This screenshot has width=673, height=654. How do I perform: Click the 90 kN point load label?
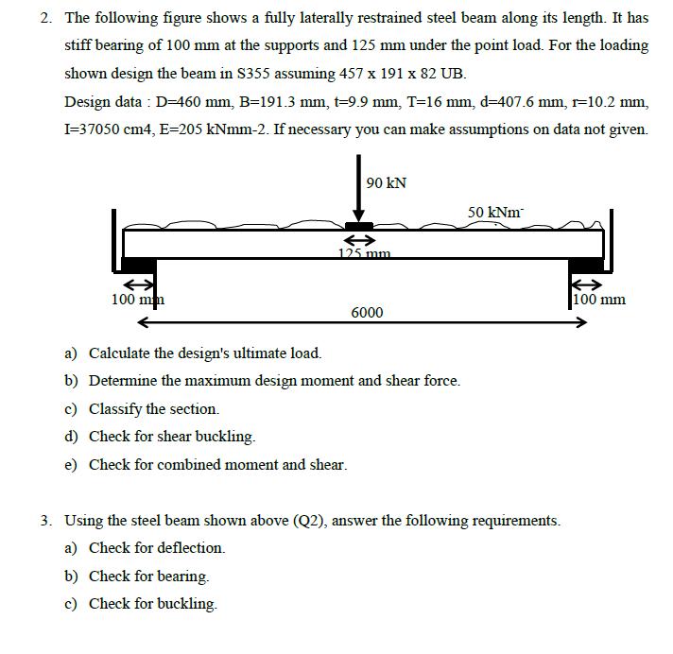click(x=387, y=182)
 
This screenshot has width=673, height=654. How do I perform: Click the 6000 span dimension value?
click(x=367, y=312)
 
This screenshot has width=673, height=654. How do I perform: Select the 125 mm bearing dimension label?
click(x=364, y=253)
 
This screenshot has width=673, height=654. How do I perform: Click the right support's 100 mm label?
click(x=599, y=300)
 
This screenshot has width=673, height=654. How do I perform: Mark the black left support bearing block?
click(x=138, y=266)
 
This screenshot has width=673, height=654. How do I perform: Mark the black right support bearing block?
click(x=582, y=266)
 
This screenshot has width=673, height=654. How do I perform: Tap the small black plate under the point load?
click(x=358, y=226)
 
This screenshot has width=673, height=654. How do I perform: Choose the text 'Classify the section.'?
click(x=154, y=409)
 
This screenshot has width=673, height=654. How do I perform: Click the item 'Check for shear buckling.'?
click(x=172, y=437)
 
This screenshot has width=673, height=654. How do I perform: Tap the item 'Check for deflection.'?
click(x=157, y=548)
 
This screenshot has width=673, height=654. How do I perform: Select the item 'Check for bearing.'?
click(x=149, y=576)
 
